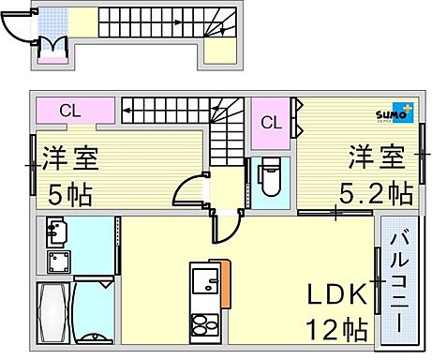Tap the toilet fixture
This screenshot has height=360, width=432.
269,177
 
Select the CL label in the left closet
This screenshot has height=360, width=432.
71,111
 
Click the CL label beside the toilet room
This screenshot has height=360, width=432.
271,122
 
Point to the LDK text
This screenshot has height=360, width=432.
336,295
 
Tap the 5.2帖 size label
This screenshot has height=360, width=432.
376,193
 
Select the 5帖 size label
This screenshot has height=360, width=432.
69,196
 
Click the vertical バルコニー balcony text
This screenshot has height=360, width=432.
395,280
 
